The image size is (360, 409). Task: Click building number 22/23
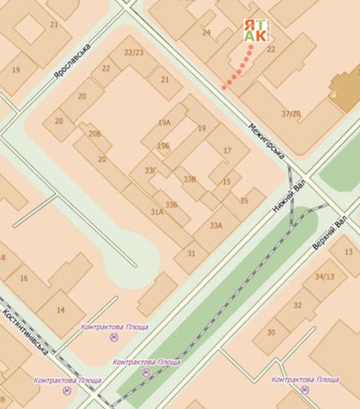point(134,52)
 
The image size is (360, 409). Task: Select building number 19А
point(165,123)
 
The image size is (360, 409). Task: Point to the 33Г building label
point(150,170)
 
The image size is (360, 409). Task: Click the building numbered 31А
point(157,212)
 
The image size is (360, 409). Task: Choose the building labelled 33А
point(216,226)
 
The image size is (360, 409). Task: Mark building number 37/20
point(291,114)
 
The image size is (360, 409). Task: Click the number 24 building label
point(206,33)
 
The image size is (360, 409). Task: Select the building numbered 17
point(226,150)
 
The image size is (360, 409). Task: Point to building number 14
point(61,310)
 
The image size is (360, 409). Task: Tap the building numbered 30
point(270,332)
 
